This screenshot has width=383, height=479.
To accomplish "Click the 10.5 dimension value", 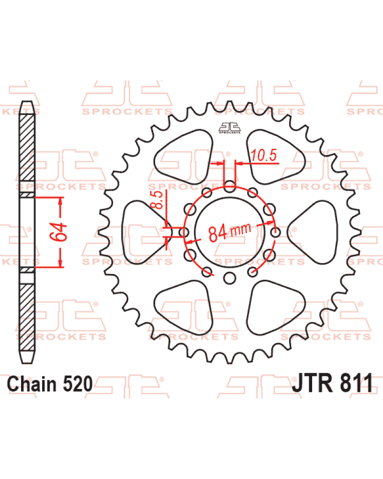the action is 264,155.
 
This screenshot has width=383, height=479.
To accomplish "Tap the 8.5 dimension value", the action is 158,200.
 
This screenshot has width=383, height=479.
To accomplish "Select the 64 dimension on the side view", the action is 58,231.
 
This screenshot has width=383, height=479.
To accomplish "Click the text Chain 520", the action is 49,384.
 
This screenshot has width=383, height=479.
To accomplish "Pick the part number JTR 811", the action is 332,383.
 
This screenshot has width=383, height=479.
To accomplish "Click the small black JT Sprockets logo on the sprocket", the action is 229,128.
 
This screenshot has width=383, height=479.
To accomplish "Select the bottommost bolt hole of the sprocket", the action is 229,278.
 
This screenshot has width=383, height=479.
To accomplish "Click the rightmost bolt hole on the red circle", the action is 275,232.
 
